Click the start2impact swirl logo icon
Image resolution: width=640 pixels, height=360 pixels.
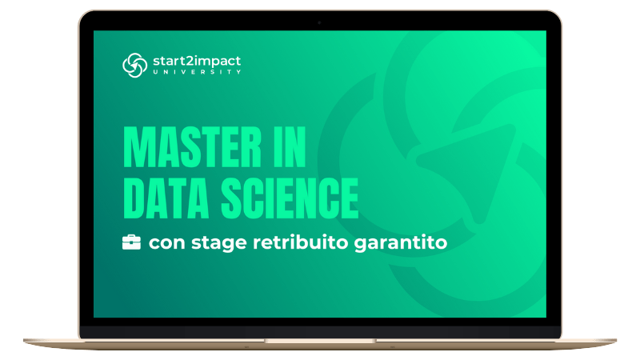coord(134,65)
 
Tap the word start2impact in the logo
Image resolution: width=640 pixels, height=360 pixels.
coord(197,62)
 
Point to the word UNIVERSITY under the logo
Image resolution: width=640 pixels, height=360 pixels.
coord(197,72)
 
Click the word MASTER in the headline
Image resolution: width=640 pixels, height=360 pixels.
coord(192,147)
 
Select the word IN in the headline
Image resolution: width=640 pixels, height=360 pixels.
coord(290,147)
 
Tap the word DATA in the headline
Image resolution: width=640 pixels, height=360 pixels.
coord(166,198)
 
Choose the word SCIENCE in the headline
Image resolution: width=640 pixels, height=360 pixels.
coord(290,198)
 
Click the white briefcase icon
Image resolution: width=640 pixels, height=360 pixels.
coord(131,242)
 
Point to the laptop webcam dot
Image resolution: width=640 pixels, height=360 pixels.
coord(319,23)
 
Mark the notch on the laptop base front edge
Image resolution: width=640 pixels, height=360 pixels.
coord(320,341)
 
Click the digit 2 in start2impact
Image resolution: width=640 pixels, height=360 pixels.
coord(187,62)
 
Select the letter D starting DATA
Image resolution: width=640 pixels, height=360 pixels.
coord(134,198)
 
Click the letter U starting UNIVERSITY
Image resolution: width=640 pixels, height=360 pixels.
coord(155,72)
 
